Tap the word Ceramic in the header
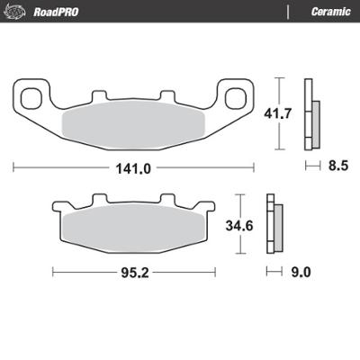click(x=328, y=11)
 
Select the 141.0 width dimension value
click(x=134, y=166)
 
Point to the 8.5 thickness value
click(x=337, y=166)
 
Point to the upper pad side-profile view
click(x=312, y=114)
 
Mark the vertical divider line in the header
click(x=287, y=11)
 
